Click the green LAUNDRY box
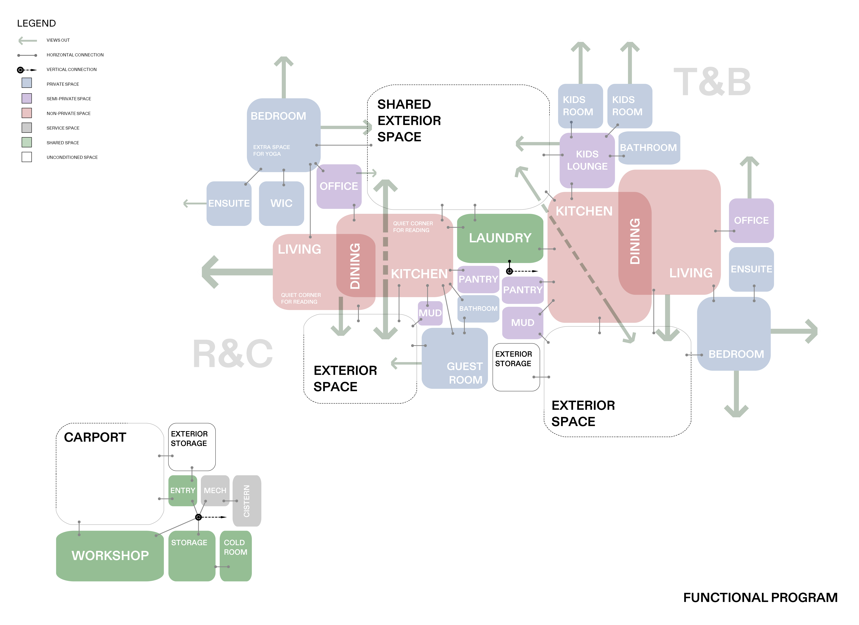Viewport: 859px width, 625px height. click(x=500, y=238)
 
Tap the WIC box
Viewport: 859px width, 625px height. click(x=281, y=204)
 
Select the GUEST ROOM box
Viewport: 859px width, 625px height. click(x=454, y=358)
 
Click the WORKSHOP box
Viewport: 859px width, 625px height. click(x=110, y=556)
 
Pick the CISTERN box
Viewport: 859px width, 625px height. click(x=247, y=501)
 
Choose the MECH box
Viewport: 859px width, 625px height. click(x=215, y=490)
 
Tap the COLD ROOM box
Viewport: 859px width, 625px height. click(x=236, y=556)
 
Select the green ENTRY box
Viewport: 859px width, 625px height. click(x=183, y=490)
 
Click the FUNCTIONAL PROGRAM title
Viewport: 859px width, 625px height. click(x=760, y=597)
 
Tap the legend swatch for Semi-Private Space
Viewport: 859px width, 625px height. click(x=27, y=99)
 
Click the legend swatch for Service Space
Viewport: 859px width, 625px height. click(x=27, y=128)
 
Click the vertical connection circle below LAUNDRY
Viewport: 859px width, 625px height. click(x=509, y=271)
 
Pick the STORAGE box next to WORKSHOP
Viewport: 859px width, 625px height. click(x=192, y=556)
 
